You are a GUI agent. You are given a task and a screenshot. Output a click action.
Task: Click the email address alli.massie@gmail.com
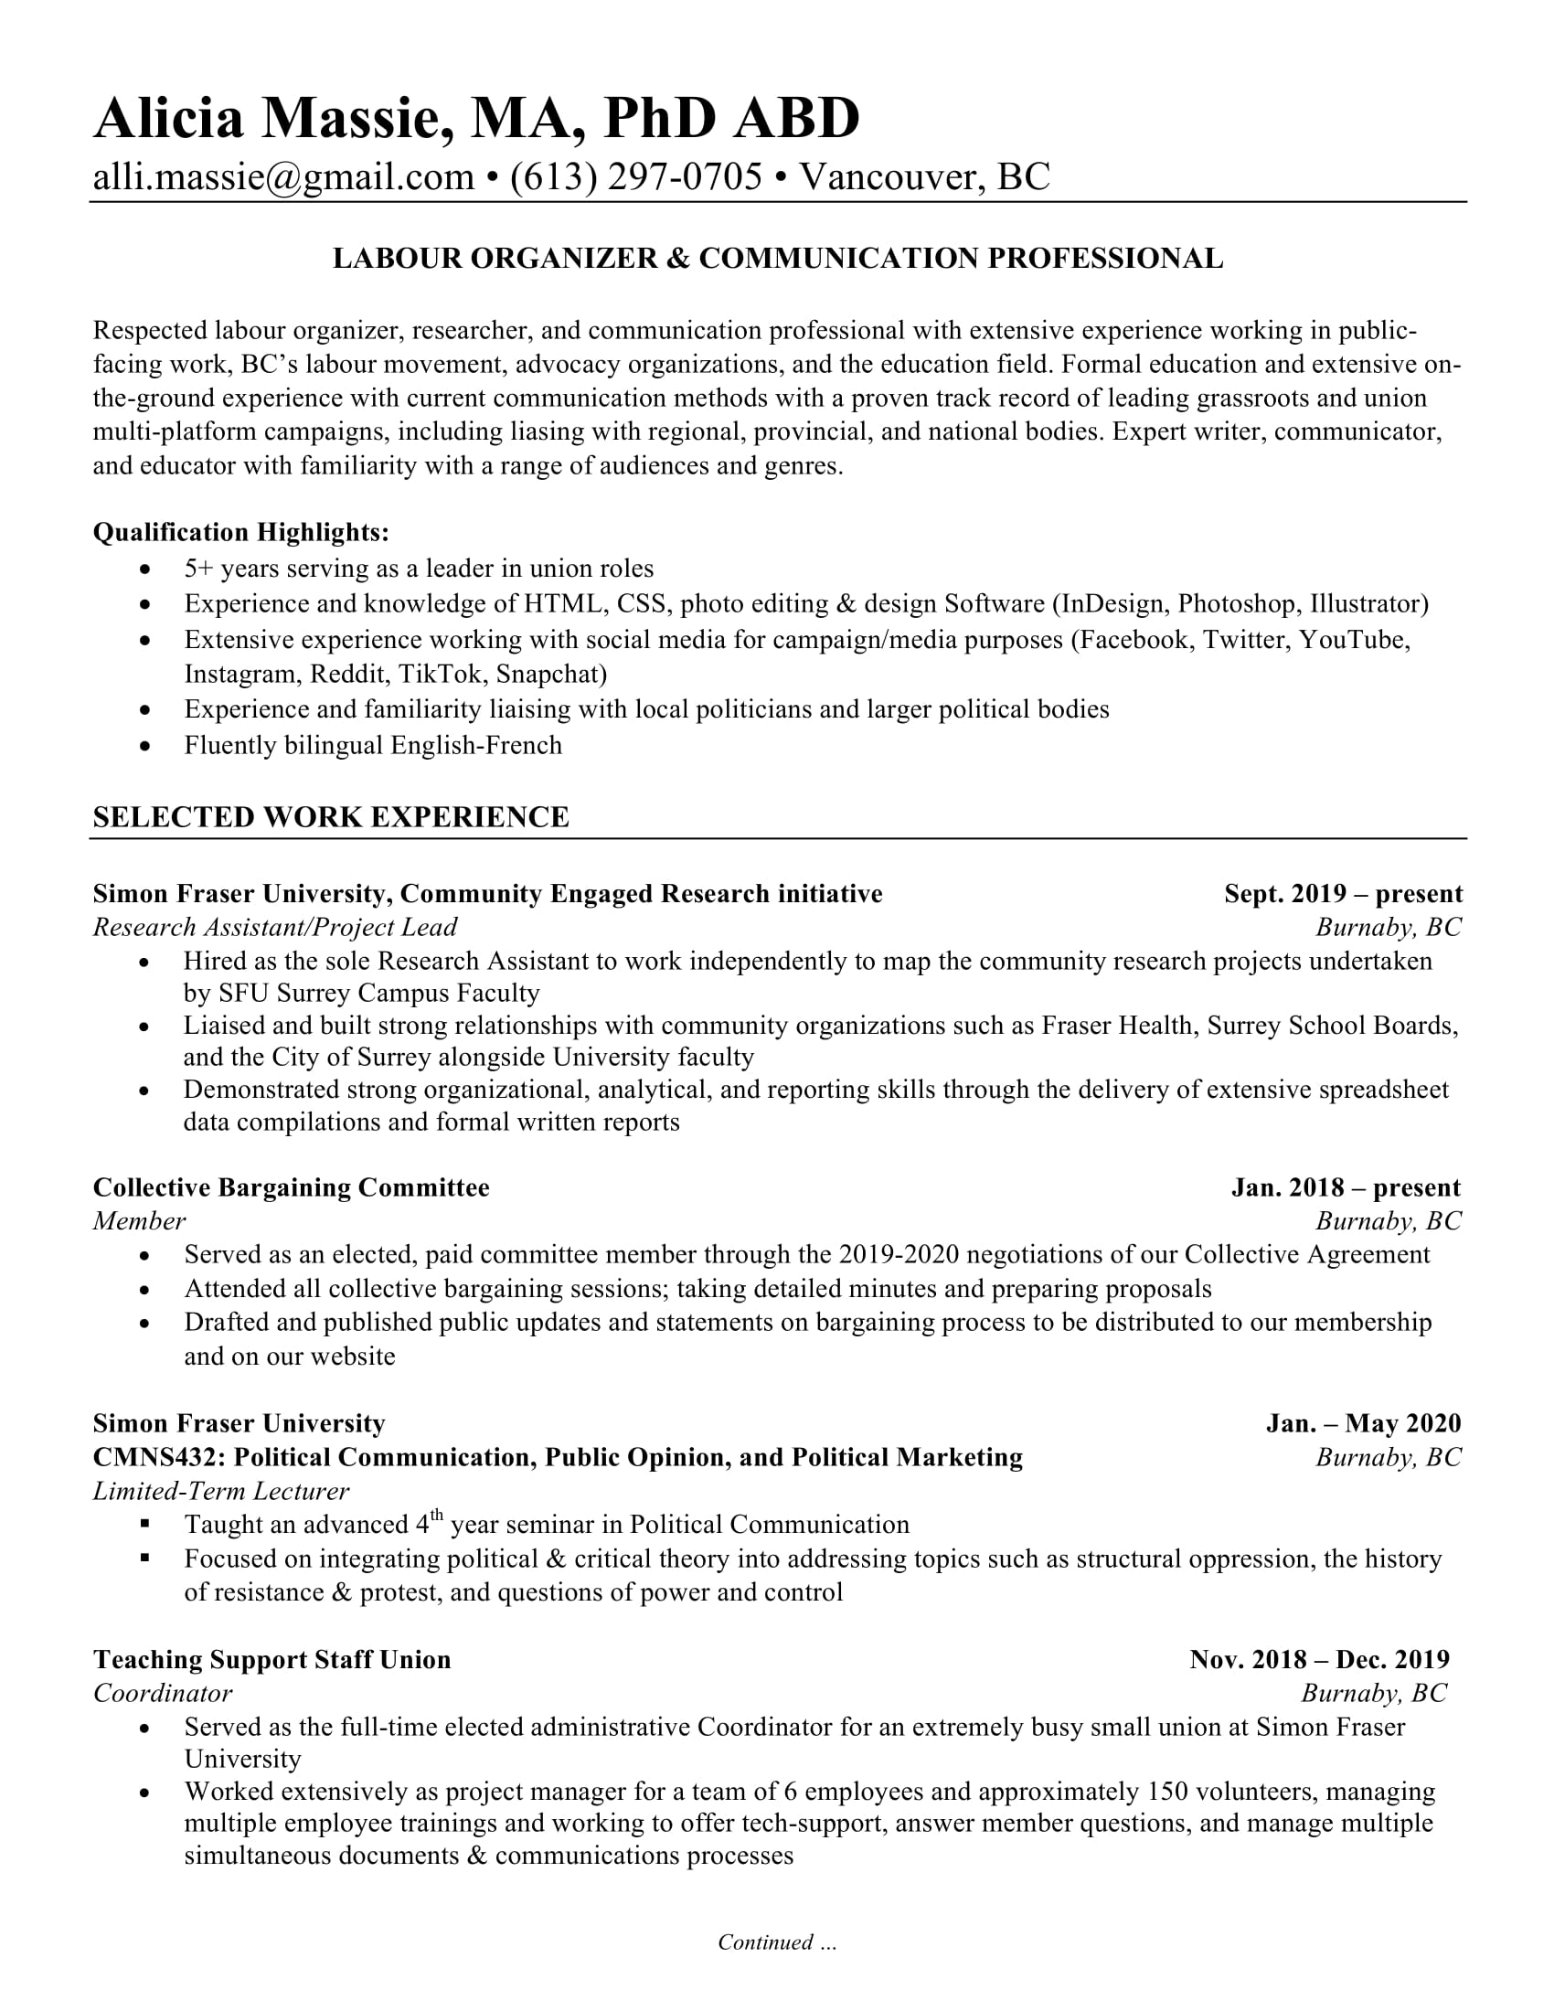coord(283,176)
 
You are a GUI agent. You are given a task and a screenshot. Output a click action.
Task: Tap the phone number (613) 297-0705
coord(636,176)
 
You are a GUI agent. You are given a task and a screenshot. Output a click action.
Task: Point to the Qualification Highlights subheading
coord(241,532)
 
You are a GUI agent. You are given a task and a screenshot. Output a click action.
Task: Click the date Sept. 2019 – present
coord(1342,893)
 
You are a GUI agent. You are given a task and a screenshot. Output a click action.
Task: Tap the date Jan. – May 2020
coord(1363,1423)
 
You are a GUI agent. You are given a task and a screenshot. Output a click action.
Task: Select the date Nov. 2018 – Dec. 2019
coord(1318,1659)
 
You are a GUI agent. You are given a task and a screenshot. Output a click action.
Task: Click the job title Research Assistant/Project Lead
coord(274,927)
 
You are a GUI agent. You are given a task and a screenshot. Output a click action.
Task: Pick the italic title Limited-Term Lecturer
coord(221,1491)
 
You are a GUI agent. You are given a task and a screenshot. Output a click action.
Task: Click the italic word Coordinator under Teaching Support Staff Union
coord(162,1693)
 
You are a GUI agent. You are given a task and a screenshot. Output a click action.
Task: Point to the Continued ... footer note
coord(777,1942)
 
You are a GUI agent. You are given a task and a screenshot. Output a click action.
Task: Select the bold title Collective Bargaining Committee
coord(291,1187)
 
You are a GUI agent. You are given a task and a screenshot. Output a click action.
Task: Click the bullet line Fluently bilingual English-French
coord(373,745)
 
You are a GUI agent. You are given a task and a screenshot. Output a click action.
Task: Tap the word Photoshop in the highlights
coord(1237,604)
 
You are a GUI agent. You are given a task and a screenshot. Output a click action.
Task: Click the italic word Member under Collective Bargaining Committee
coord(139,1221)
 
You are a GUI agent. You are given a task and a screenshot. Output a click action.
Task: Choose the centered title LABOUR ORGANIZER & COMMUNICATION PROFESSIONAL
coord(777,259)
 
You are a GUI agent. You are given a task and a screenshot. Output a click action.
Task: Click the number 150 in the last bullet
coord(1166,1791)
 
